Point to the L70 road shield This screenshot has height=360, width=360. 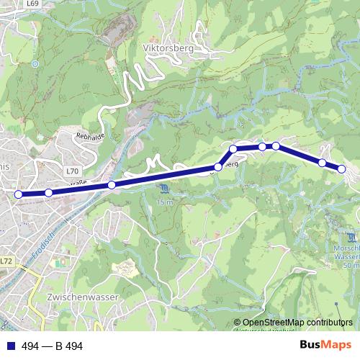71,171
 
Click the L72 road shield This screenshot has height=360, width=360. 6,261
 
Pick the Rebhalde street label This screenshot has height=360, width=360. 89,135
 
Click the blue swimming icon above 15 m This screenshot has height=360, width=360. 166,189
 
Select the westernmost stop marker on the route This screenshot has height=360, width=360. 19,194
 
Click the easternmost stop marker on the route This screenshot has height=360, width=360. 341,169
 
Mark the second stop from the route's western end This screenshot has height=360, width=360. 48,192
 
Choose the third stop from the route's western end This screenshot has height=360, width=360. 112,185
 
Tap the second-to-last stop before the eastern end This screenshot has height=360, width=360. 322,163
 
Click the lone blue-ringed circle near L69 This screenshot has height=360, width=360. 35,63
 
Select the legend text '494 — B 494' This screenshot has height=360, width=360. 53,346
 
